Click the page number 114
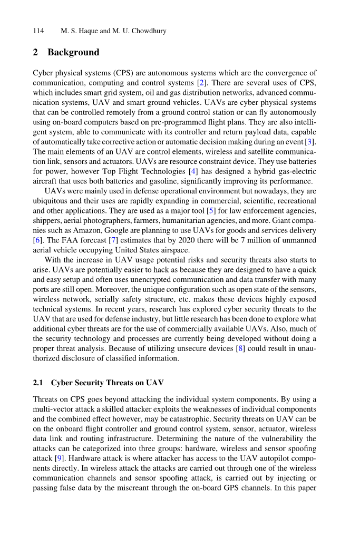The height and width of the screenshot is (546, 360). tap(38, 31)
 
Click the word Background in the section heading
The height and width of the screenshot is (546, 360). tap(73, 52)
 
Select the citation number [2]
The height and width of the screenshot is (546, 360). tap(201, 83)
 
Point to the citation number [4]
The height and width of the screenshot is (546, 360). tap(193, 172)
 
